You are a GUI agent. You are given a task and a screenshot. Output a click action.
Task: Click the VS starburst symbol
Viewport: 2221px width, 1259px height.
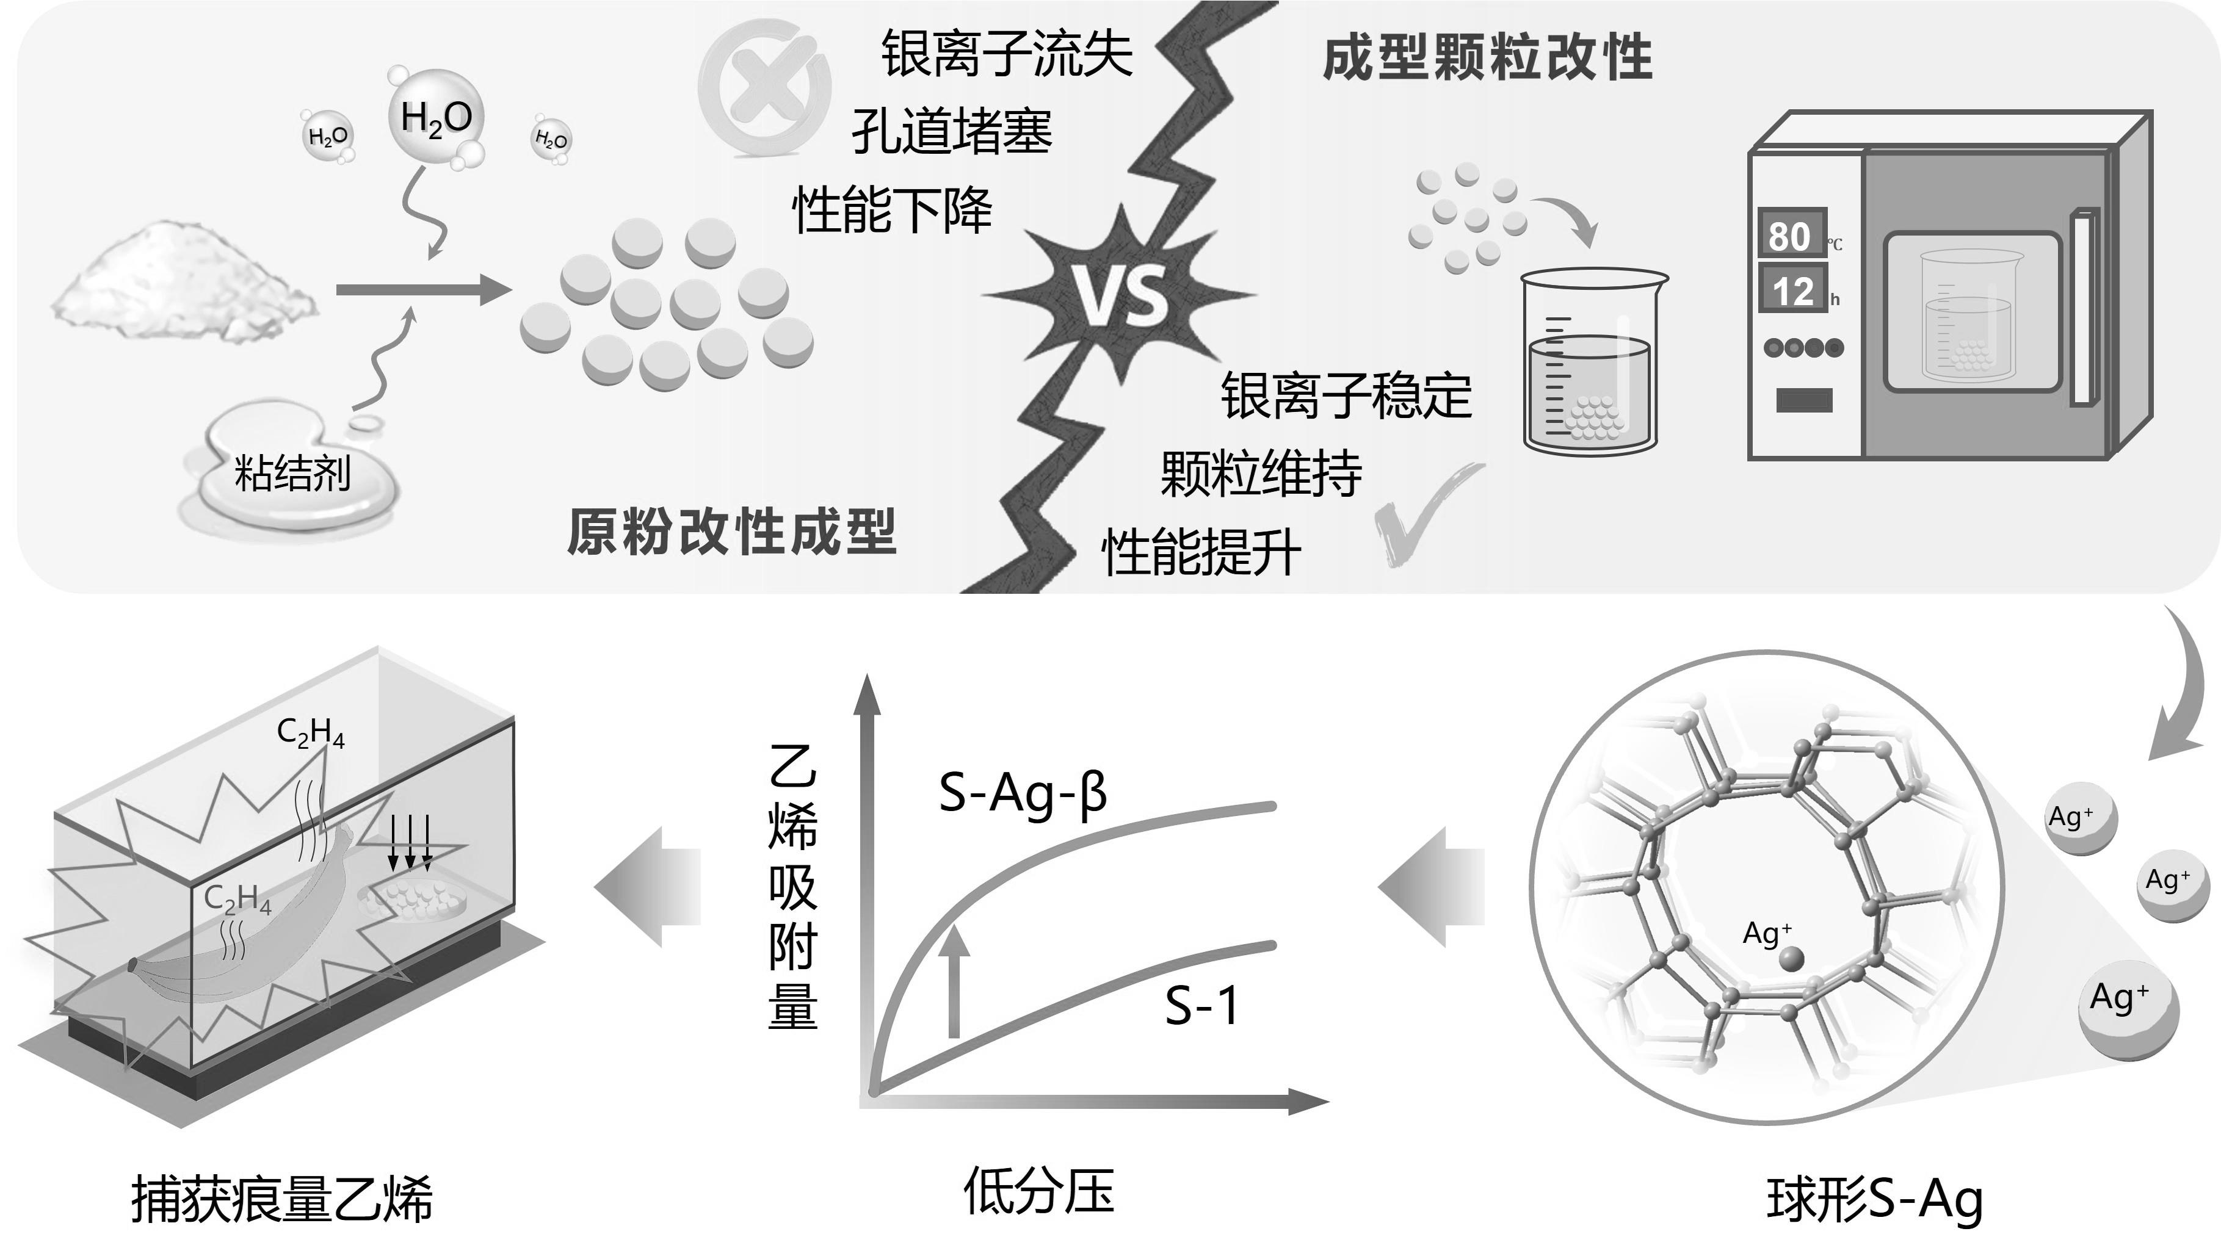(x=1121, y=295)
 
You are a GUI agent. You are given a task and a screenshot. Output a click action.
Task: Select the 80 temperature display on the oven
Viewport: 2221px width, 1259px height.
(x=1791, y=234)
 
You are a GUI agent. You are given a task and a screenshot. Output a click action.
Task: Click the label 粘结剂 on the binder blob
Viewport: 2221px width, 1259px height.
(x=292, y=473)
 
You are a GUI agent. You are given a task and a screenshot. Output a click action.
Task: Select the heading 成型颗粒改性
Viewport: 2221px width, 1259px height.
(x=1488, y=58)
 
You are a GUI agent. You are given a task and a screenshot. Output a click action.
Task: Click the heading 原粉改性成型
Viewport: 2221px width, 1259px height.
(x=731, y=530)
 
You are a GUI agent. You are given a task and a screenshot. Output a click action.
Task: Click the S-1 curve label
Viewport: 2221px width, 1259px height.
(x=1201, y=1005)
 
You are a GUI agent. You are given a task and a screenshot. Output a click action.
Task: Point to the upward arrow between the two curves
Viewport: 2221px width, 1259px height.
(x=954, y=979)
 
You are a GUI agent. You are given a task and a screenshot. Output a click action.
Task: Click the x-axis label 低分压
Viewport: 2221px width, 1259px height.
(x=1038, y=1191)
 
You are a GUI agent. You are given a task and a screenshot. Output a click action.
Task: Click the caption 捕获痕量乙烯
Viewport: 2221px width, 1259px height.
(x=282, y=1199)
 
